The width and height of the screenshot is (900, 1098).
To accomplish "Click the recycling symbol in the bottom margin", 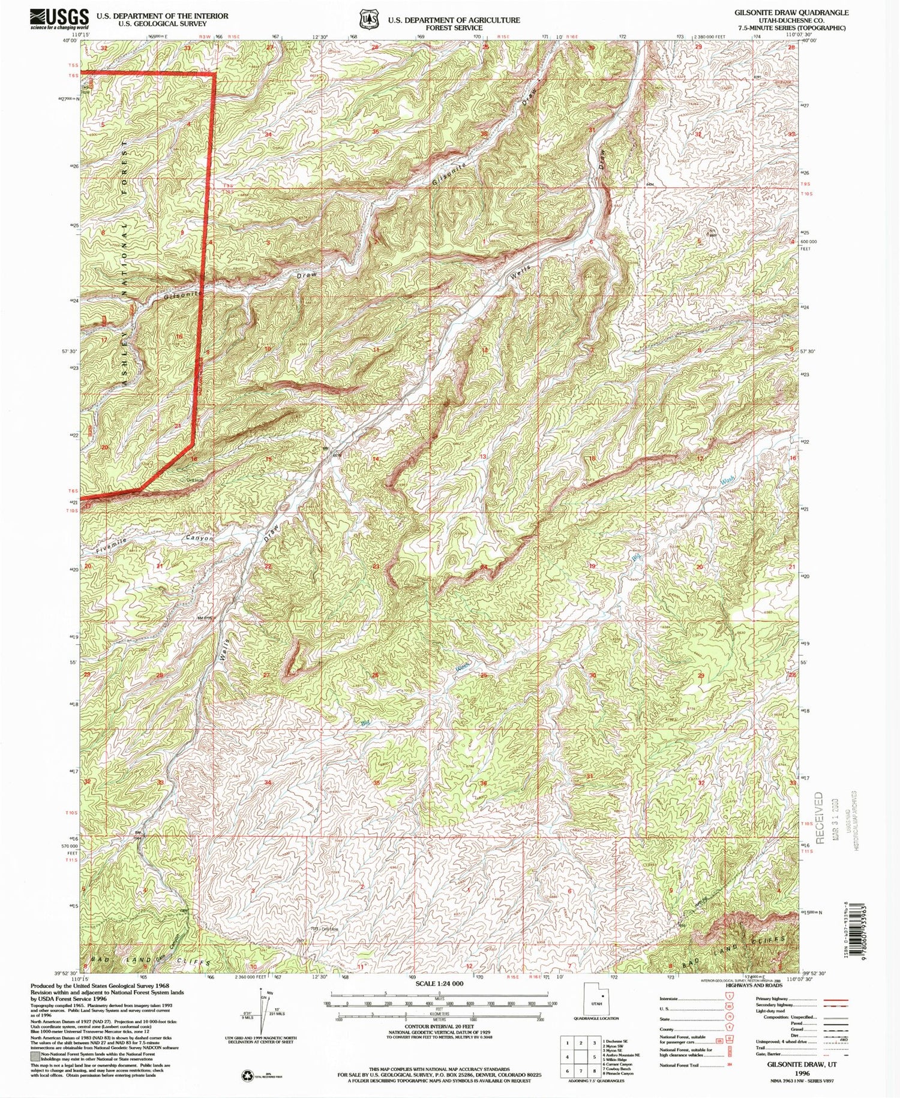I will coord(247,1075).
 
